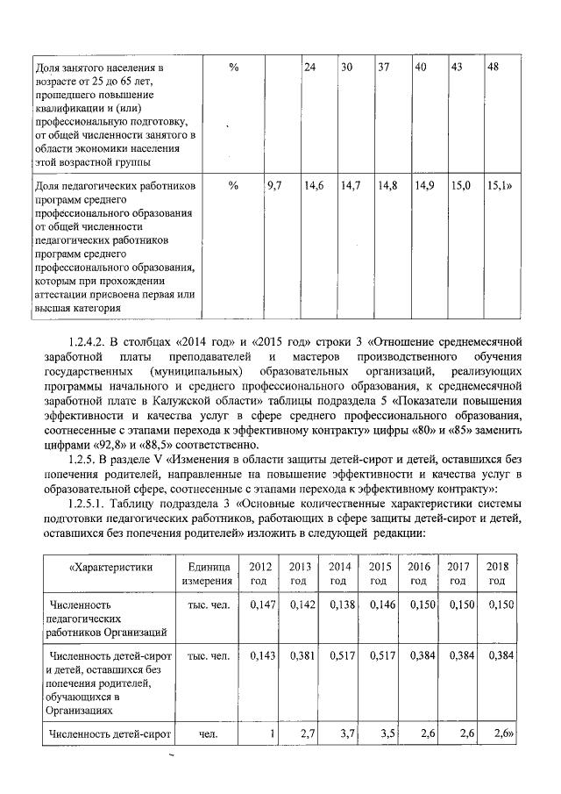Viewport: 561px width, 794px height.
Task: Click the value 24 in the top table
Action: [x=309, y=68]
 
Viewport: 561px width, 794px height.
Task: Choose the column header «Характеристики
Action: [x=108, y=567]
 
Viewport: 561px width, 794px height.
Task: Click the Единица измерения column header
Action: [x=207, y=574]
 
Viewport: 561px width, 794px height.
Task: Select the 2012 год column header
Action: [x=260, y=574]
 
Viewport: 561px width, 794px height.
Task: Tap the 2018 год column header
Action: [x=497, y=574]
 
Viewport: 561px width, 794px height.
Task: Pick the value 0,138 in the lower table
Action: [x=339, y=604]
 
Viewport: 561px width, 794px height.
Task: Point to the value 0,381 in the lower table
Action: [x=301, y=655]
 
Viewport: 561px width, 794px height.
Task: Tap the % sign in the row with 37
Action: [x=233, y=68]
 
